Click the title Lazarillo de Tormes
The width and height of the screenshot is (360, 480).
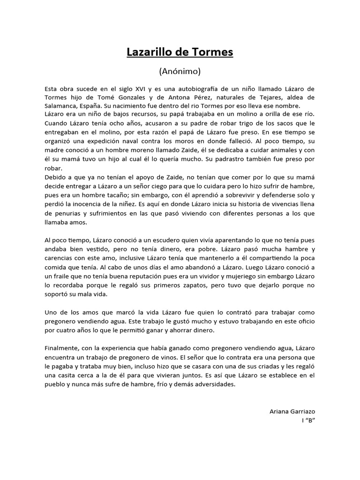[x=180, y=52]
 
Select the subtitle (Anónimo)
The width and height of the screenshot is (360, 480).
[x=180, y=71]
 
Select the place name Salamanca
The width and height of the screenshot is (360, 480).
[x=62, y=106]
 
